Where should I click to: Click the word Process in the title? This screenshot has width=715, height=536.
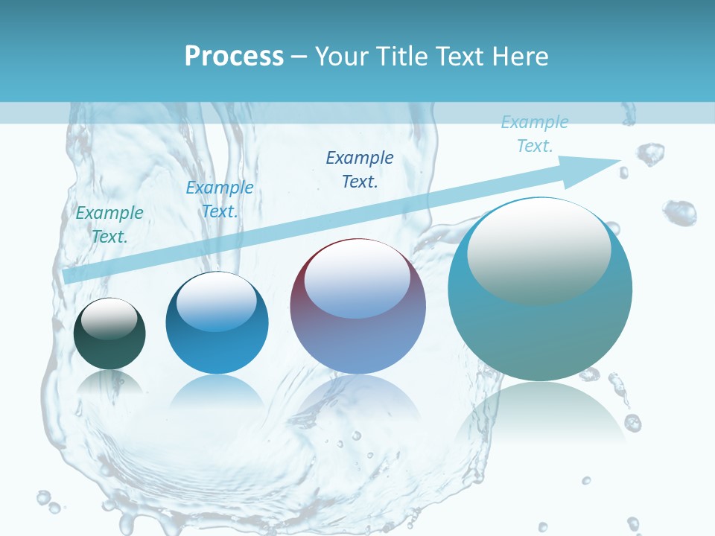(234, 56)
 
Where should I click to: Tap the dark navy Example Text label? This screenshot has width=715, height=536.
(360, 169)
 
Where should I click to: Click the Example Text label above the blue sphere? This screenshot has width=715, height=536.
(220, 200)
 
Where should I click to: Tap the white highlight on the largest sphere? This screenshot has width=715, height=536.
(538, 249)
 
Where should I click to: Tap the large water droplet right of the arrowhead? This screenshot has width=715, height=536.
(679, 212)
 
